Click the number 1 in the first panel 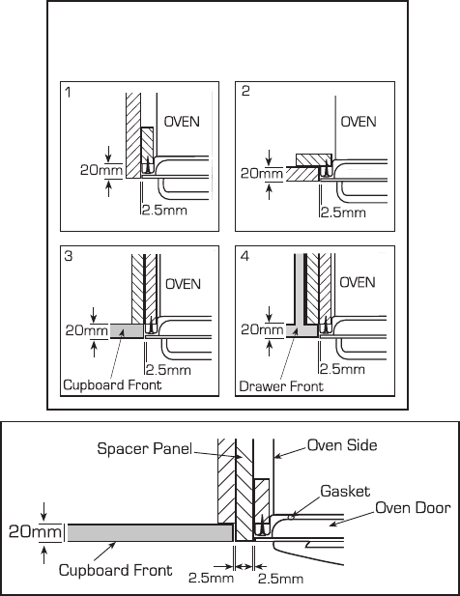[68, 92]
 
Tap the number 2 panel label [245, 91]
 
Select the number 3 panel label [69, 256]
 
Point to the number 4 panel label [245, 256]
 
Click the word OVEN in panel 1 [182, 122]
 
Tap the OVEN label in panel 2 [359, 122]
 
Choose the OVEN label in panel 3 [184, 284]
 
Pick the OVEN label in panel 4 [358, 282]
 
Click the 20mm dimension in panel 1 [101, 170]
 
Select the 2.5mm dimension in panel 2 [343, 213]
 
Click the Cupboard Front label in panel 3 [112, 384]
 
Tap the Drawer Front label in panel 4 [281, 386]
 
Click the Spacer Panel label [144, 448]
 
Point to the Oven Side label [342, 445]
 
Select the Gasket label [345, 491]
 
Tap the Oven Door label [413, 508]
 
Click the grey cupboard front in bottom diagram [150, 532]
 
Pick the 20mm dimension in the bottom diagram [35, 531]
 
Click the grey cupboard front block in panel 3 [127, 330]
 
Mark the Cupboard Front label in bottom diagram [116, 570]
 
